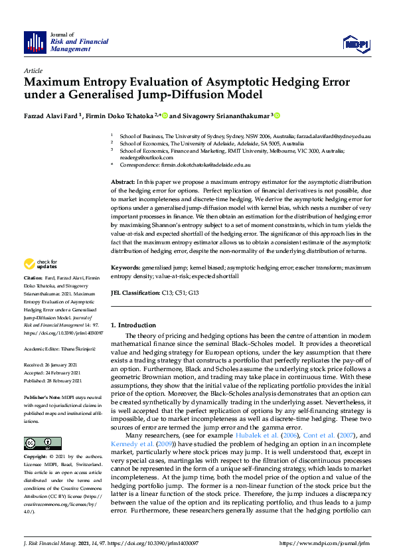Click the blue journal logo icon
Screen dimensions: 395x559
pyautogui.click(x=35, y=42)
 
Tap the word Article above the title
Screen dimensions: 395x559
pyautogui.click(x=33, y=70)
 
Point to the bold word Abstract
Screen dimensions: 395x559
pyautogui.click(x=123, y=181)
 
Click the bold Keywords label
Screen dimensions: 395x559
pyautogui.click(x=126, y=268)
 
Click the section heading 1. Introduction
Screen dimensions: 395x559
pyautogui.click(x=133, y=325)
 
